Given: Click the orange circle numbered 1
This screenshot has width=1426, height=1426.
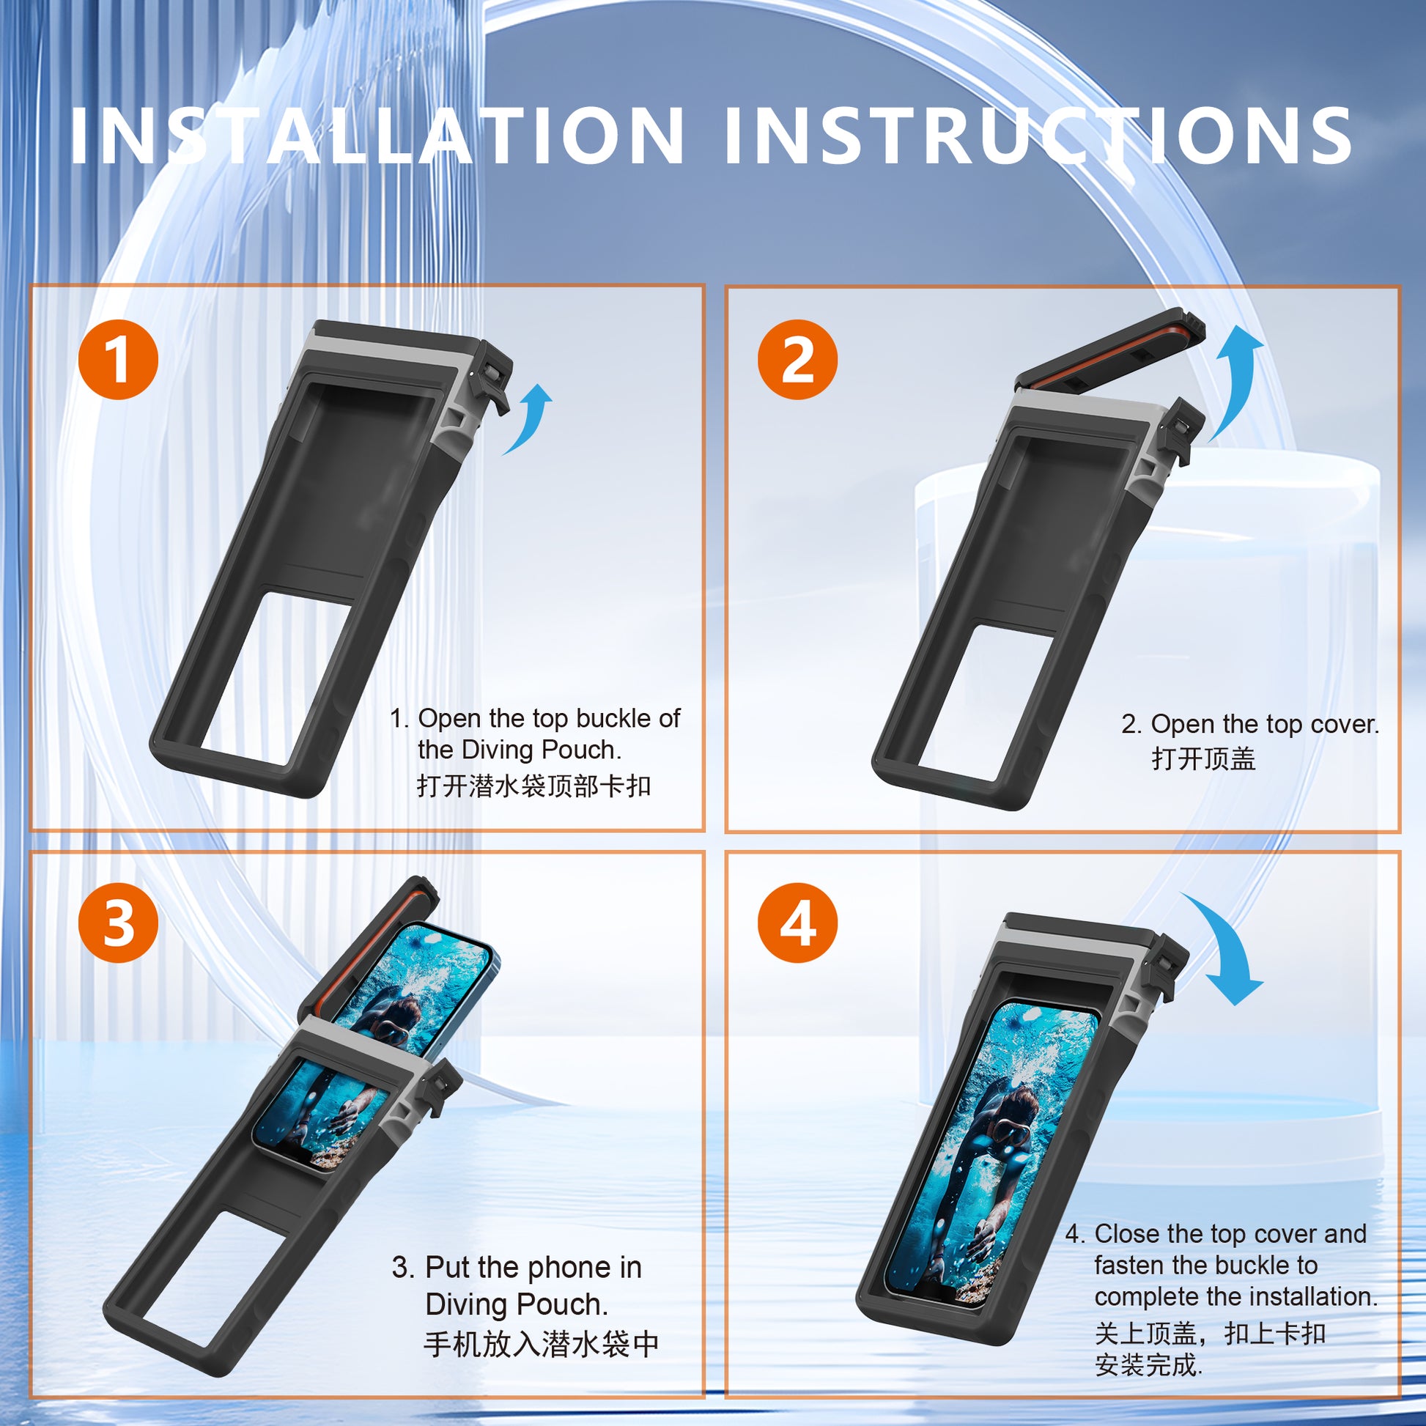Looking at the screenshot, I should [118, 360].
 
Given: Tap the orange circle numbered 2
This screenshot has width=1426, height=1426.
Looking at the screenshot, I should [797, 360].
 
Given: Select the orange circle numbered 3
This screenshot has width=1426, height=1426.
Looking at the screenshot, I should [118, 923].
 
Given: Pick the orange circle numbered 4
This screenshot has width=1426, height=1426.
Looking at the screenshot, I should [797, 923].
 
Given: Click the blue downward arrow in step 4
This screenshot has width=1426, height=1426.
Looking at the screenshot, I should [1225, 952].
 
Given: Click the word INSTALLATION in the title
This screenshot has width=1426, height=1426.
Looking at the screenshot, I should [377, 136].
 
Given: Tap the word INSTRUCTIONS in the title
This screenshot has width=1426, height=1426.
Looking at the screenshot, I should [1037, 136].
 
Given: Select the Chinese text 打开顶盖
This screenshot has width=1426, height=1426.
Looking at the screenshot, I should [1203, 758].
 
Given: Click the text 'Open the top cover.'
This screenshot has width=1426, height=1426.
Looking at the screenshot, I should [1263, 724].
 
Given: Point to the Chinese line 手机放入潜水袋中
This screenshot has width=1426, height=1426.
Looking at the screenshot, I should [541, 1344].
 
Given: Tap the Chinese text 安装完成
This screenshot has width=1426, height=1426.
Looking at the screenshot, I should [1148, 1364].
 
